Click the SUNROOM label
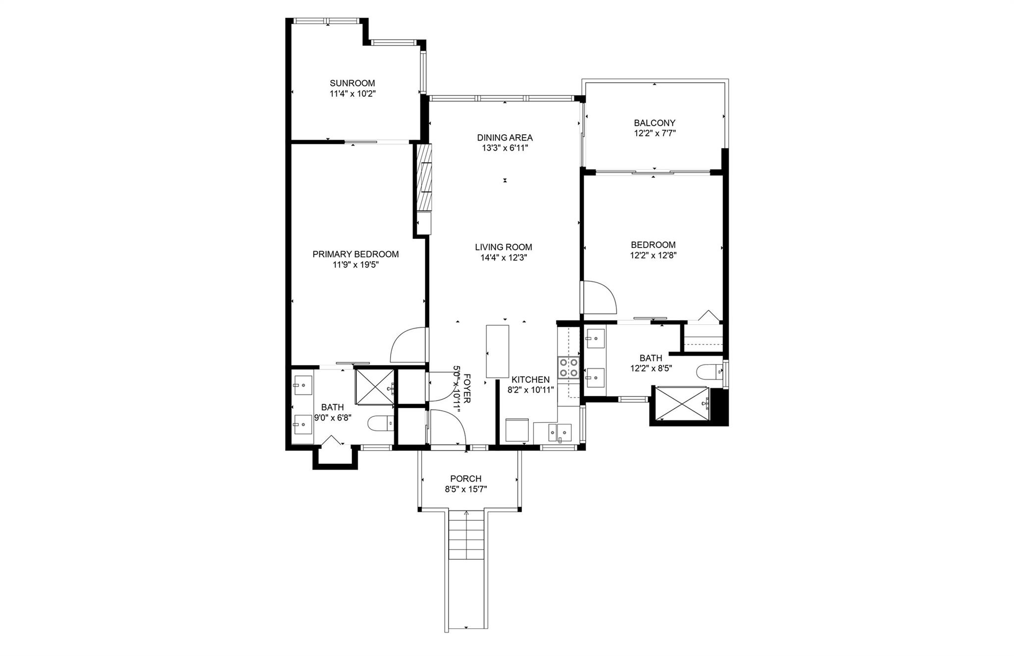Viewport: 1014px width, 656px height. point(353,83)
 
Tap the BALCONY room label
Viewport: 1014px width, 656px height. point(655,123)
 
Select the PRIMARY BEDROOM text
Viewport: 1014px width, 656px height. point(355,254)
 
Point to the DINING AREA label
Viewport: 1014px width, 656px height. point(505,137)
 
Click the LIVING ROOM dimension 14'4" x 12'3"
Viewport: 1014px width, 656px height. point(504,257)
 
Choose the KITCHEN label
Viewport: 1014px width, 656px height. point(531,379)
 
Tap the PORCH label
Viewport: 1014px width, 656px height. point(466,479)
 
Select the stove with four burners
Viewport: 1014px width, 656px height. point(568,367)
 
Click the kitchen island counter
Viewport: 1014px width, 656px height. point(498,352)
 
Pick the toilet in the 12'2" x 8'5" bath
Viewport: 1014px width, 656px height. point(710,372)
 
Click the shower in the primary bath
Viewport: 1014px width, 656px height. point(375,386)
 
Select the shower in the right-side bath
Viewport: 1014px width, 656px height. point(682,404)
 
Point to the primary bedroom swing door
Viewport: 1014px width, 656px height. point(409,345)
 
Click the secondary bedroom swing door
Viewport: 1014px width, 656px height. point(599,297)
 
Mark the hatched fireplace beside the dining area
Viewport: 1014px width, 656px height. point(424,178)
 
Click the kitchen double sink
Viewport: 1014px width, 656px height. point(559,433)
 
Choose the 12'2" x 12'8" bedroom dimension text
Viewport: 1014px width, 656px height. point(653,255)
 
